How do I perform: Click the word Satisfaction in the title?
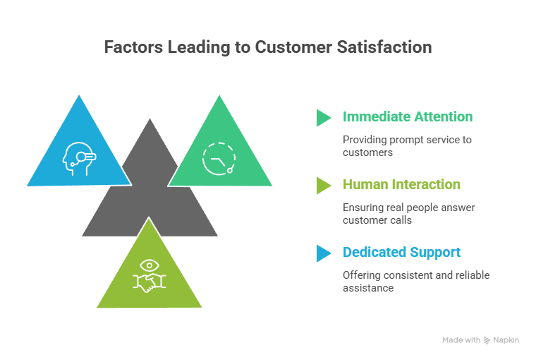coord(384,47)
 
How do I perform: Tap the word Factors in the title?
coord(133,47)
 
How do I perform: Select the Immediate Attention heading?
coord(408,116)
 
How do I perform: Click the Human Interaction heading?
coord(401,184)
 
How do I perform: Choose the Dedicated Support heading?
coord(402,252)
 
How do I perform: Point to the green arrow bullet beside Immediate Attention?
coord(323,118)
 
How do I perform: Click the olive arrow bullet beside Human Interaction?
coord(323,186)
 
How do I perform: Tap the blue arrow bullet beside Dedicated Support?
coord(323,253)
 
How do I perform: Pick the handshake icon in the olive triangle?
coord(150,282)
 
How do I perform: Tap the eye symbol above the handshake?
coord(150,265)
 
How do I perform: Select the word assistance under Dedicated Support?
coord(368,288)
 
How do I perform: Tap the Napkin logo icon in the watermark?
coord(487,340)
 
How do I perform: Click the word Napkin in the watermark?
coord(506,340)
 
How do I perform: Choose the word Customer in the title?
coord(293,47)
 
